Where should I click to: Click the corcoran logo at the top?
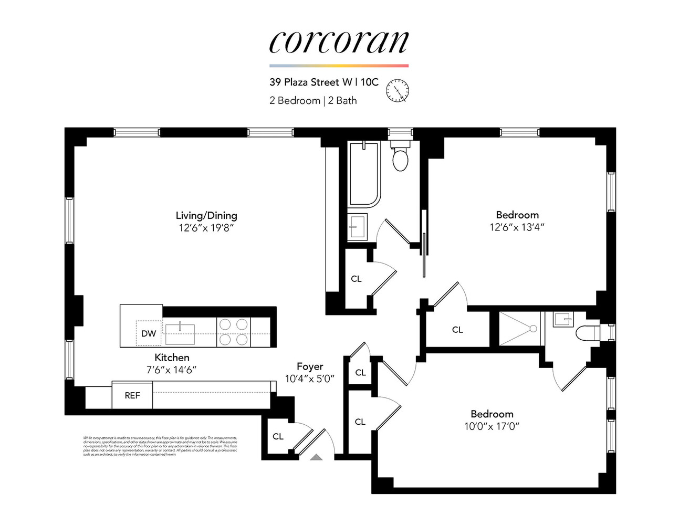point(339,42)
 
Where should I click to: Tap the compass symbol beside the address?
point(397,90)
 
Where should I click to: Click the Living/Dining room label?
point(206,215)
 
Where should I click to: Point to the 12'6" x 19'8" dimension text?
point(206,228)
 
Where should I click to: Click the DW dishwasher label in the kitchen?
point(149,333)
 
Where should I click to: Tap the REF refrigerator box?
point(132,395)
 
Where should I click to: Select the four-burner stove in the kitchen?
point(234,332)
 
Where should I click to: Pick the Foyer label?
point(310,366)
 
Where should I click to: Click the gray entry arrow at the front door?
point(316,457)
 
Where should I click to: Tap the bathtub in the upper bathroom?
point(364,173)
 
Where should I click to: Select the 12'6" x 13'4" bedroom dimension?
point(517,227)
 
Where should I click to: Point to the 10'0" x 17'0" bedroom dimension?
point(492,426)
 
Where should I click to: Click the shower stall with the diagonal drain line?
point(519,329)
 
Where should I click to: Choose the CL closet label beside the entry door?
point(278,436)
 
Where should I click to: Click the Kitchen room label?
point(172,358)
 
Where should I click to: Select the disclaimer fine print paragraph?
point(160,446)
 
